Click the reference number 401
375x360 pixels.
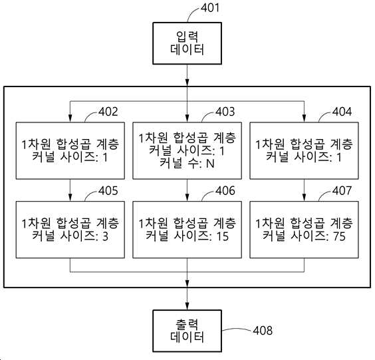click(209, 8)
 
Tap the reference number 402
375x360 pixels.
click(108, 112)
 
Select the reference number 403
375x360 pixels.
click(225, 112)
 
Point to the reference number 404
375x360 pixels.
click(342, 112)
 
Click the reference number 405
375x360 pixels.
click(108, 191)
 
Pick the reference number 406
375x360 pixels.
click(225, 191)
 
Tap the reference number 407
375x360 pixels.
click(342, 191)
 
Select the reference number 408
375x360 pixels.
click(263, 331)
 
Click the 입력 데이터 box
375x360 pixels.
click(187, 43)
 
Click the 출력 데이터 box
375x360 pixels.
click(187, 331)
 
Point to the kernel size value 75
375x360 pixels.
click(339, 236)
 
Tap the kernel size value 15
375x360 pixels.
click(223, 236)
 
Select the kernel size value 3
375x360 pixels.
click(106, 236)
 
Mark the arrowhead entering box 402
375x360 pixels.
click(70, 118)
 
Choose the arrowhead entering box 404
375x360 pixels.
click(305, 118)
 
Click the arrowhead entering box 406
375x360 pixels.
click(187, 197)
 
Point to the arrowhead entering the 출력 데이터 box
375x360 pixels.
click(187, 306)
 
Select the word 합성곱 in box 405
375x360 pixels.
click(74, 223)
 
